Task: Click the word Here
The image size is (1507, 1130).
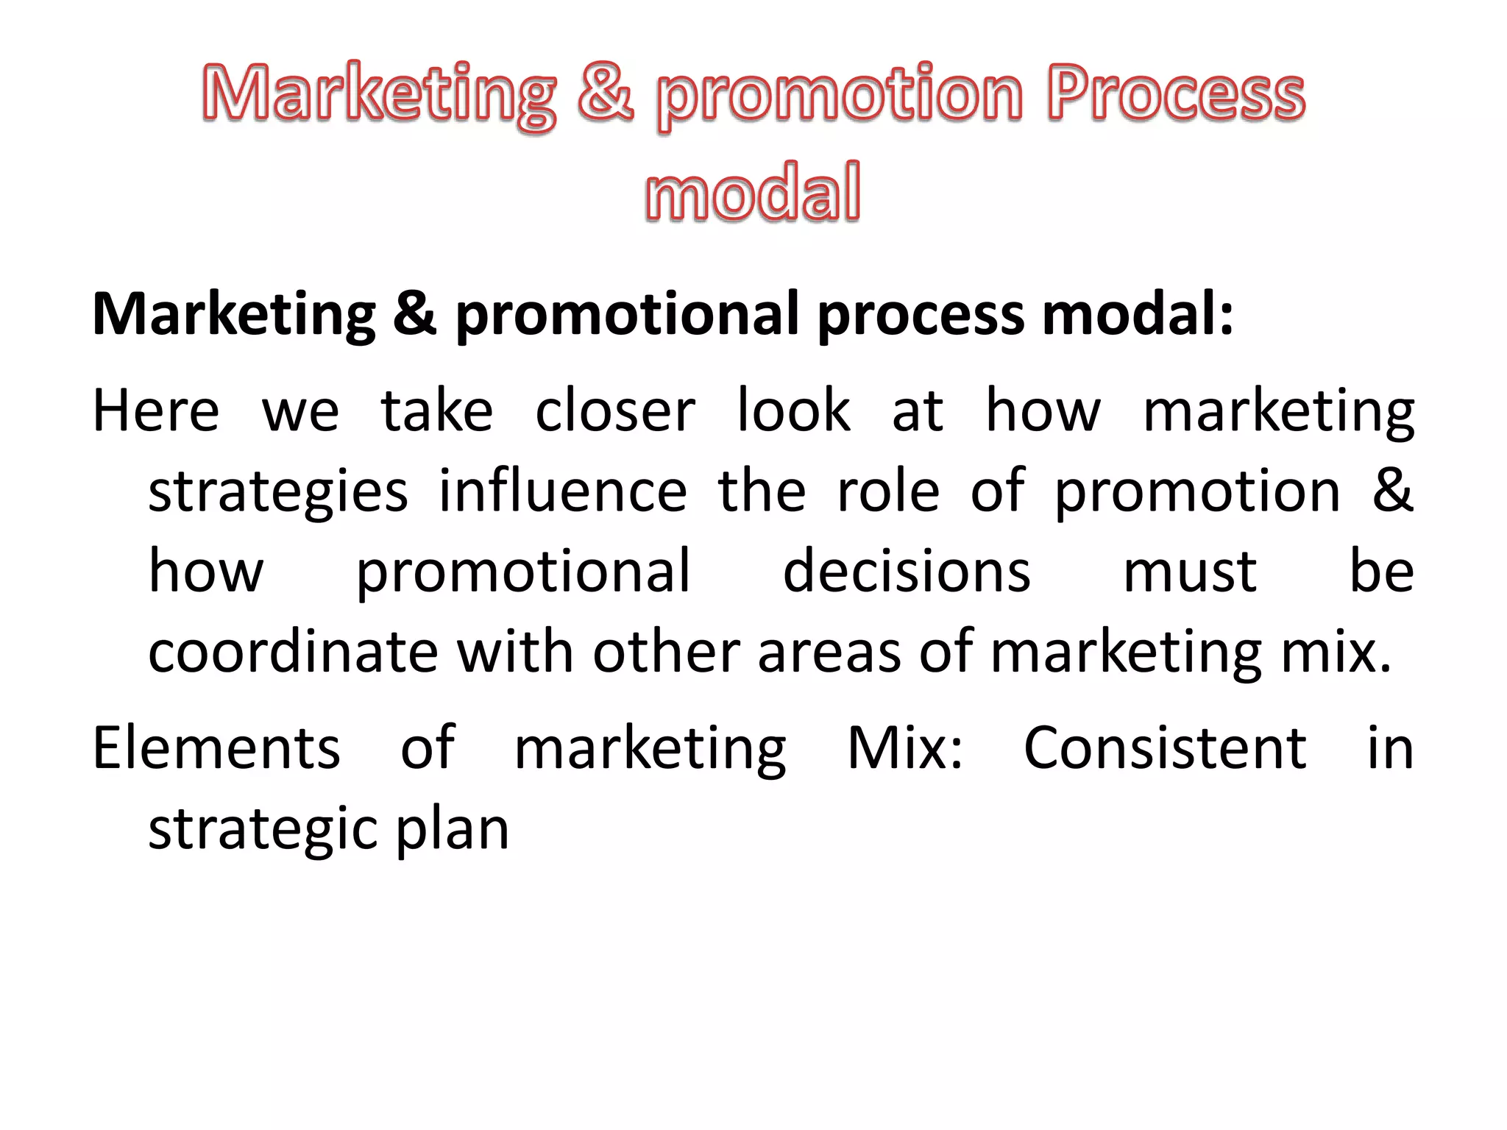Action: tap(156, 411)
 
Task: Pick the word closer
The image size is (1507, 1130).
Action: tap(615, 411)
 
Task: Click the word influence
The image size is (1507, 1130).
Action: tap(563, 491)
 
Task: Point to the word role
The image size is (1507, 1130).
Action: tap(888, 491)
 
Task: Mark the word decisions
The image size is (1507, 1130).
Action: tap(907, 572)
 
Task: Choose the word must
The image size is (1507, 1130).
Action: tap(1190, 572)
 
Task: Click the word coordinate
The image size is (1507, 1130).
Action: tap(293, 652)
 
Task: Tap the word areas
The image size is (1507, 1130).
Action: tap(829, 652)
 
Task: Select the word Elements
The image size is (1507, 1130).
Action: tap(216, 748)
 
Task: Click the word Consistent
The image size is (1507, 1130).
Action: tap(1165, 748)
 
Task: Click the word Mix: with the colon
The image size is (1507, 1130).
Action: tap(905, 748)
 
